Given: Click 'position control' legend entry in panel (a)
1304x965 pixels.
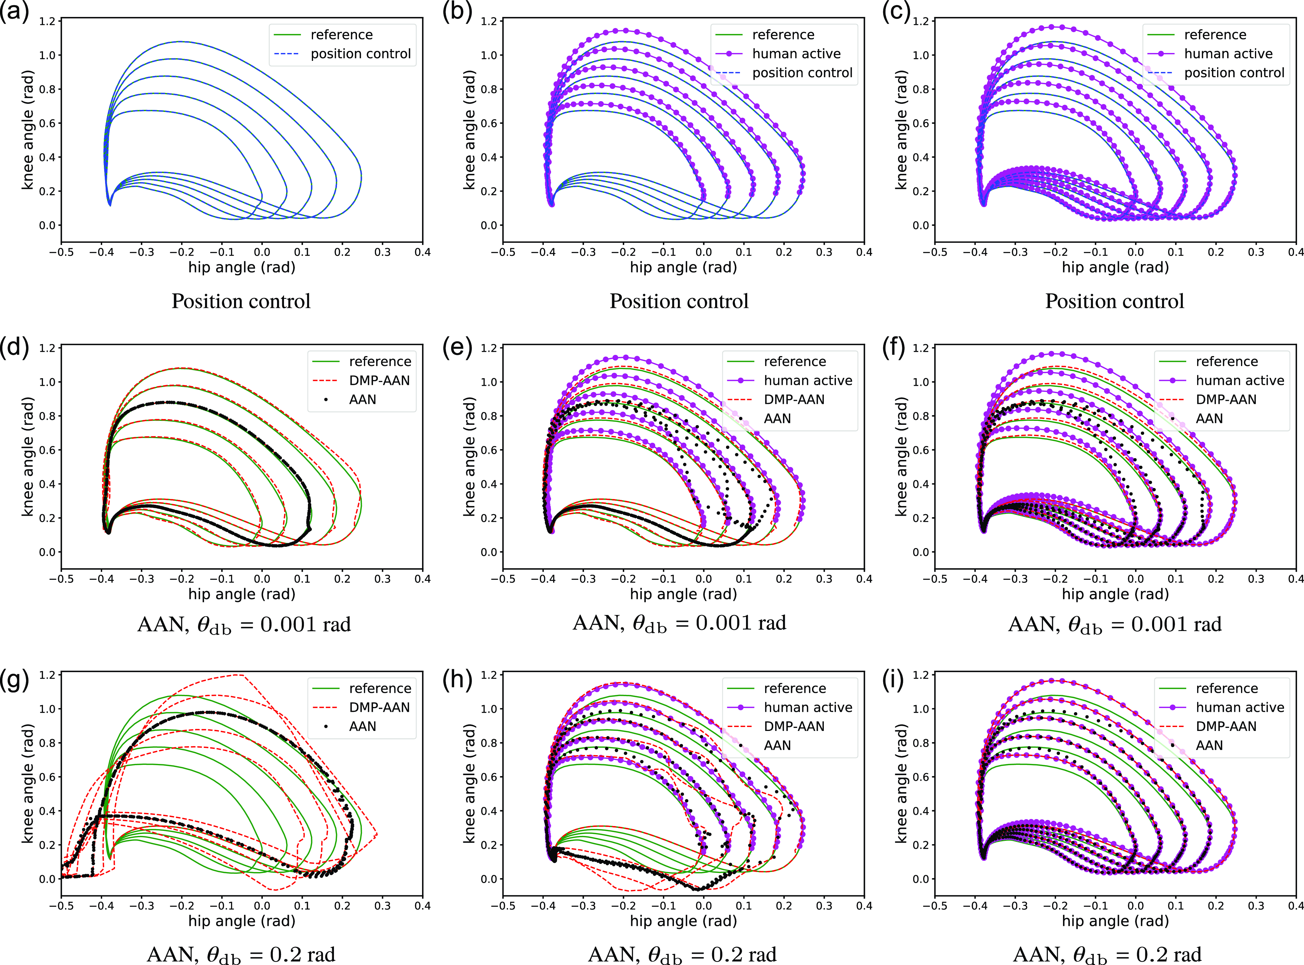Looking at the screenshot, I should click(360, 54).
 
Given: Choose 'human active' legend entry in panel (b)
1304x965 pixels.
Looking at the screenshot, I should click(796, 54).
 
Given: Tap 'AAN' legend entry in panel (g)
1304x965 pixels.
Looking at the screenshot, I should click(362, 726).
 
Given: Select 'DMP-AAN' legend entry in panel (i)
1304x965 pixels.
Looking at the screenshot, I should click(1226, 726).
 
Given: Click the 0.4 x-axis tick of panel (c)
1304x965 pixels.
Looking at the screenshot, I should click(1295, 252).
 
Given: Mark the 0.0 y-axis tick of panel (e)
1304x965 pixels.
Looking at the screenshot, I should click(489, 552).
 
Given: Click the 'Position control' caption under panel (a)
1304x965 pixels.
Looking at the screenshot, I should click(241, 301).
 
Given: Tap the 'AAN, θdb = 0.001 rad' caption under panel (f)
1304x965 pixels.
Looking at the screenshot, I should click(1114, 624).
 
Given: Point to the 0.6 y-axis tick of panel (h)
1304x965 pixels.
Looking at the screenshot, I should click(489, 777).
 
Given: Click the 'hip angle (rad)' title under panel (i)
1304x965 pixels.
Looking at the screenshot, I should click(1115, 921).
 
